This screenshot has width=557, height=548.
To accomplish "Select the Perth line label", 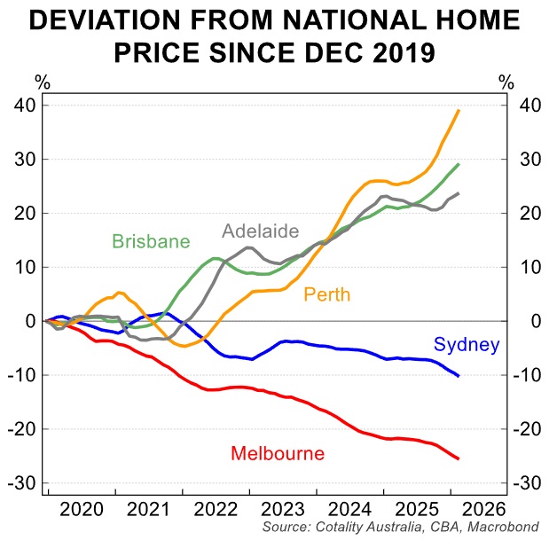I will (x=326, y=294).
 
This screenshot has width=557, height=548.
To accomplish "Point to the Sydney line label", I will (x=467, y=346).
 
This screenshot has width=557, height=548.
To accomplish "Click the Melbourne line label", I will (x=278, y=454).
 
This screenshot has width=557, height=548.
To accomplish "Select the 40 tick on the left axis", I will (x=25, y=106).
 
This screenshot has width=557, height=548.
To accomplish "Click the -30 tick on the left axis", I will (x=21, y=483).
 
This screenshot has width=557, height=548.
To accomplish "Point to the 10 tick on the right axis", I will (x=529, y=267).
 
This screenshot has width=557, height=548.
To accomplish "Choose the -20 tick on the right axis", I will (x=531, y=429).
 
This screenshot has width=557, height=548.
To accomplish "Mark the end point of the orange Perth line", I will (x=459, y=110).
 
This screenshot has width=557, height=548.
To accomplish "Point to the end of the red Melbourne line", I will (x=459, y=458).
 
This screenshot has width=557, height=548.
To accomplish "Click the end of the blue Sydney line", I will (x=459, y=376).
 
